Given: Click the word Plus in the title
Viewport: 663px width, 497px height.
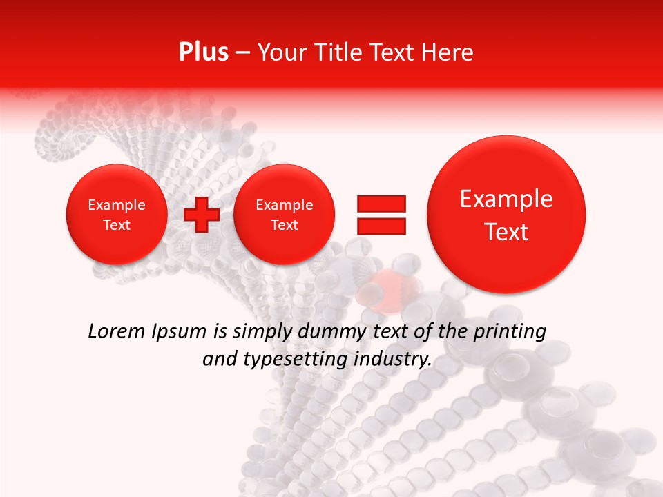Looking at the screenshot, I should click(203, 52).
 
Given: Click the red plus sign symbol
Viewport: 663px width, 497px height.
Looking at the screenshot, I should click(202, 215).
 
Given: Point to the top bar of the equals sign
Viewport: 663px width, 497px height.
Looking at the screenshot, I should click(381, 203).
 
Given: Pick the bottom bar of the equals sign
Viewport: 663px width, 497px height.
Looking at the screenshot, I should click(381, 226).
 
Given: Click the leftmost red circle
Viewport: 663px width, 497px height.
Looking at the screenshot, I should click(117, 215).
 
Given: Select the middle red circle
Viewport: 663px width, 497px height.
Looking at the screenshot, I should click(285, 215).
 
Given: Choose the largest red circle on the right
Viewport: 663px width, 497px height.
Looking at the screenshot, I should click(506, 215).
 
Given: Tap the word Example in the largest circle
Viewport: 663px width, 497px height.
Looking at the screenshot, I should click(506, 199).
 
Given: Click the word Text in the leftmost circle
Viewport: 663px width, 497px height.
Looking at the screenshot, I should click(117, 225).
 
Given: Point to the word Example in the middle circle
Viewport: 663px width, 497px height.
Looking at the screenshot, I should click(285, 205).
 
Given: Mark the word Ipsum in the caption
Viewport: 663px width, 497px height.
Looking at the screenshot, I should click(179, 332).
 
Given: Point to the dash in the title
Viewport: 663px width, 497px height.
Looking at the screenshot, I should click(242, 53).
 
